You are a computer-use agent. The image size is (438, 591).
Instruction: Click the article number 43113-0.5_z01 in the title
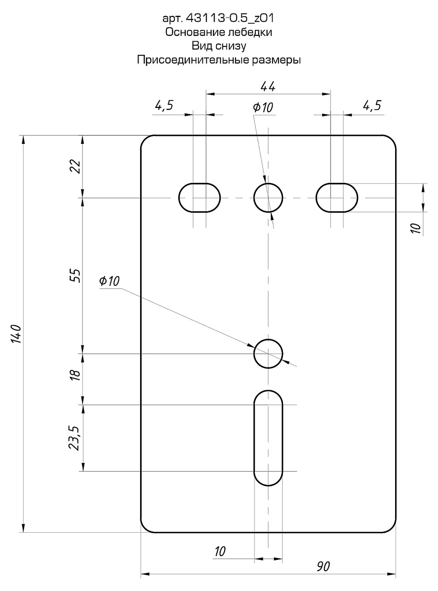click(x=230, y=18)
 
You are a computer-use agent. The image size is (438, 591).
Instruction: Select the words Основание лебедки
click(x=219, y=32)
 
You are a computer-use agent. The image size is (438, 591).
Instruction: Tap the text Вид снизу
click(x=219, y=46)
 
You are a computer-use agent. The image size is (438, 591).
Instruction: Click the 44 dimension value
click(x=268, y=87)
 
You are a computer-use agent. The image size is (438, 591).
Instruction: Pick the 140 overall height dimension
click(x=17, y=334)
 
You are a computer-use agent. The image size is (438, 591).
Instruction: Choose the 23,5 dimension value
click(x=74, y=438)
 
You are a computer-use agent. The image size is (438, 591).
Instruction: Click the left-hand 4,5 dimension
click(x=164, y=106)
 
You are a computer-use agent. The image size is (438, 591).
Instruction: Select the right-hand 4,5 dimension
click(x=372, y=106)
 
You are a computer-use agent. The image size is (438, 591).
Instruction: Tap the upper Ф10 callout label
click(x=263, y=107)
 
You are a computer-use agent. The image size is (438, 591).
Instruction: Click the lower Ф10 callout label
click(x=109, y=281)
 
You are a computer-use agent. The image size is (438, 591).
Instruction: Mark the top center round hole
click(x=268, y=198)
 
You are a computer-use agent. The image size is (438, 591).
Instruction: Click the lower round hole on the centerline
click(x=268, y=353)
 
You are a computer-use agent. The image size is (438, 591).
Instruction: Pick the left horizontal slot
click(x=199, y=198)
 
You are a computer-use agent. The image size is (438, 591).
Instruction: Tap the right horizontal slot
click(x=337, y=198)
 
